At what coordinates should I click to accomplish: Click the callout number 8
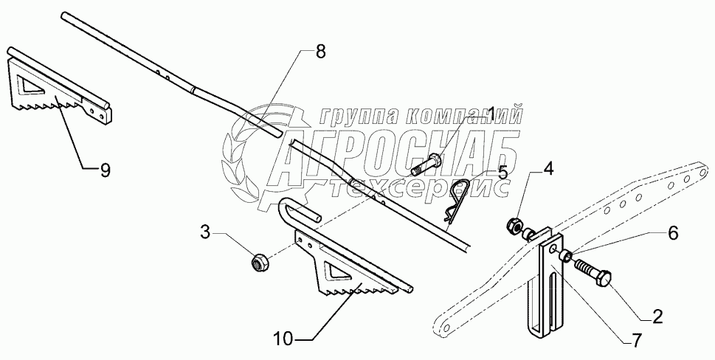pos(320,52)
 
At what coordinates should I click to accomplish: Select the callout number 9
pos(105,170)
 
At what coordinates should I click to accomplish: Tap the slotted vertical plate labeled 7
pos(546,295)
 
